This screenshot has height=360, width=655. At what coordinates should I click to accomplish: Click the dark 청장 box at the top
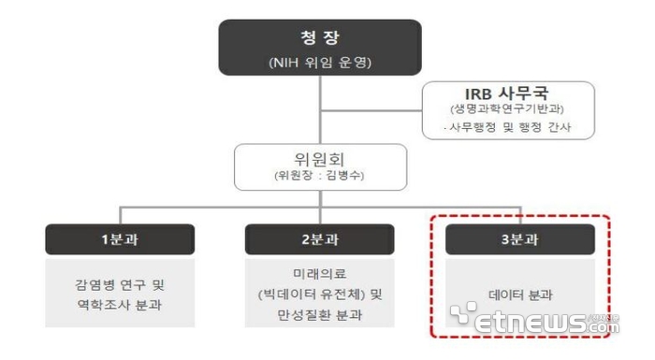tap(320, 47)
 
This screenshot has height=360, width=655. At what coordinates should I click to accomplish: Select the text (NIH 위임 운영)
tap(320, 63)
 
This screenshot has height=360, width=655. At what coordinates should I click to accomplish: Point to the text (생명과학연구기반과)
tap(508, 112)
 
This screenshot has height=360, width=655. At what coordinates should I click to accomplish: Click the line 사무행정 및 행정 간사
tap(509, 128)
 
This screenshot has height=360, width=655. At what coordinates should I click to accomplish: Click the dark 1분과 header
tap(120, 239)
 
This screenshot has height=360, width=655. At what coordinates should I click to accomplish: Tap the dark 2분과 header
tap(319, 239)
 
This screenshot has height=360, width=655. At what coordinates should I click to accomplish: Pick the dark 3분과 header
tap(520, 239)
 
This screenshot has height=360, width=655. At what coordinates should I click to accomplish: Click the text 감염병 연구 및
tap(120, 283)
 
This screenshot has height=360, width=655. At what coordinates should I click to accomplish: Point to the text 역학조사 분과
tap(120, 304)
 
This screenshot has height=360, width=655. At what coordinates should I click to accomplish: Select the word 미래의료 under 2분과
tap(319, 274)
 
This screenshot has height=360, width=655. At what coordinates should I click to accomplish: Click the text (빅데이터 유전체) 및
tap(319, 295)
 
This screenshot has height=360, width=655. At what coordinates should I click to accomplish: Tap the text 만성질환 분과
tap(319, 315)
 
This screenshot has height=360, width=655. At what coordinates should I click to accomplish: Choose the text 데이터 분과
tap(520, 295)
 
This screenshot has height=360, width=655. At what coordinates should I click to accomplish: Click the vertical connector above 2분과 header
tap(319, 214)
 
